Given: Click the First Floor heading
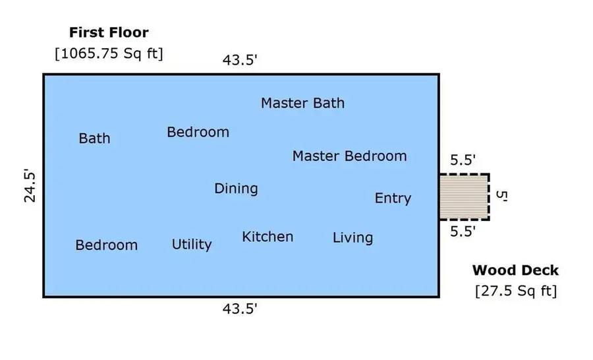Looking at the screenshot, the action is [x=109, y=32].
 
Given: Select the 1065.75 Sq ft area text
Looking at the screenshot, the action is [x=109, y=53].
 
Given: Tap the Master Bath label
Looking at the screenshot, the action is [x=302, y=103].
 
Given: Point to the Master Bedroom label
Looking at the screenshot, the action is [x=349, y=156].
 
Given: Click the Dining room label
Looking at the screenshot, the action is [x=236, y=189].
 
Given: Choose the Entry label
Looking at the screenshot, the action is [x=393, y=198].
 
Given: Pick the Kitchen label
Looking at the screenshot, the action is [x=268, y=237].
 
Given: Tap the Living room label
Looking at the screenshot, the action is [x=353, y=238].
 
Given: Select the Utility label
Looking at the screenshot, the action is [x=192, y=244].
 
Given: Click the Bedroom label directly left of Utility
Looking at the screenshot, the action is [x=106, y=245].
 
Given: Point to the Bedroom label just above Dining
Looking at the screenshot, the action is [x=198, y=132].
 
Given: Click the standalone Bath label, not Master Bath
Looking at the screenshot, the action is [x=94, y=138].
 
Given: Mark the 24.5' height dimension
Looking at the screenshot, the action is [x=30, y=185].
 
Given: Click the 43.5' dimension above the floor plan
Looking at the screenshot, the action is [x=240, y=60].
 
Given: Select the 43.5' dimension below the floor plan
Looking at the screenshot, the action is [x=240, y=309].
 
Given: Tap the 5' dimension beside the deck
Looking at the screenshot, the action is [x=501, y=195].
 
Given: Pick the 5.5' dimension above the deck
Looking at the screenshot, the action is [x=463, y=160].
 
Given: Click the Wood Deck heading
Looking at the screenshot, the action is [x=515, y=270].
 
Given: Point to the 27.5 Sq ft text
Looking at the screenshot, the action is [x=516, y=291].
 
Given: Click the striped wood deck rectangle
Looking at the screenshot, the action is [x=464, y=197].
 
